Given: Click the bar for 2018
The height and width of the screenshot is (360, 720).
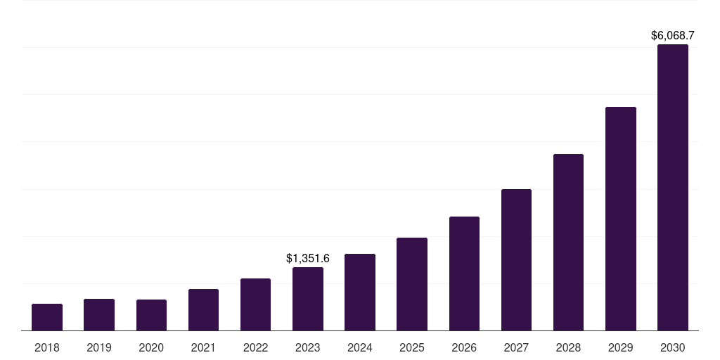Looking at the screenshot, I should tap(47, 317).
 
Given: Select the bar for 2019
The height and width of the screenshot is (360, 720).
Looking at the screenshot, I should tap(99, 315).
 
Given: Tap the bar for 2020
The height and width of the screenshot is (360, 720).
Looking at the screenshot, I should tap(151, 315).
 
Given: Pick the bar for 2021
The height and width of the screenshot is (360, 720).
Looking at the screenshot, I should tap(203, 310).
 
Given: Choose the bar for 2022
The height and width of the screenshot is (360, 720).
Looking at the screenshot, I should tap(255, 304).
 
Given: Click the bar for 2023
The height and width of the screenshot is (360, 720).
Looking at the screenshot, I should tap(308, 299).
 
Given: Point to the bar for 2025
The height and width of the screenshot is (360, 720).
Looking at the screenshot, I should tap(412, 284).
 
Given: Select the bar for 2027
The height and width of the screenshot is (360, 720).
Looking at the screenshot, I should tap(516, 260).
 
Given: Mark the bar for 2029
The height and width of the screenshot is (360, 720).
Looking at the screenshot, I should tap(620, 219).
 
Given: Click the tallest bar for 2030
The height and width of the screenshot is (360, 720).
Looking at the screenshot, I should tap(673, 188).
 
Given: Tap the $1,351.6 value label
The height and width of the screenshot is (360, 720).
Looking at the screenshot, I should tap(308, 259).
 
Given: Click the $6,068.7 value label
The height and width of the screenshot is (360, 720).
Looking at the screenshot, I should tap(673, 35).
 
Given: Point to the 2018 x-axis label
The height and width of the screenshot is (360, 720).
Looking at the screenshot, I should tap(47, 347).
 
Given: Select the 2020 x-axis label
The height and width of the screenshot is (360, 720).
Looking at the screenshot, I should tap(151, 347).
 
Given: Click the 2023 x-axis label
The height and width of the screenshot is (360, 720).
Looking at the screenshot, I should tap(308, 347).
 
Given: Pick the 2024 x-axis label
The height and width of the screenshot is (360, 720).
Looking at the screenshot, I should tap(360, 347).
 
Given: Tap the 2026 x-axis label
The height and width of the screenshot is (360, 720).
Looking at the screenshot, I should tap(464, 347).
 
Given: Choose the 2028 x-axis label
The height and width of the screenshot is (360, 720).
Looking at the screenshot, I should tap(568, 347).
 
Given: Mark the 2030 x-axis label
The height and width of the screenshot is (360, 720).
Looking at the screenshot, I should tap(673, 347).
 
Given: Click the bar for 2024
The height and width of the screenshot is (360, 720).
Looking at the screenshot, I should tap(360, 292).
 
